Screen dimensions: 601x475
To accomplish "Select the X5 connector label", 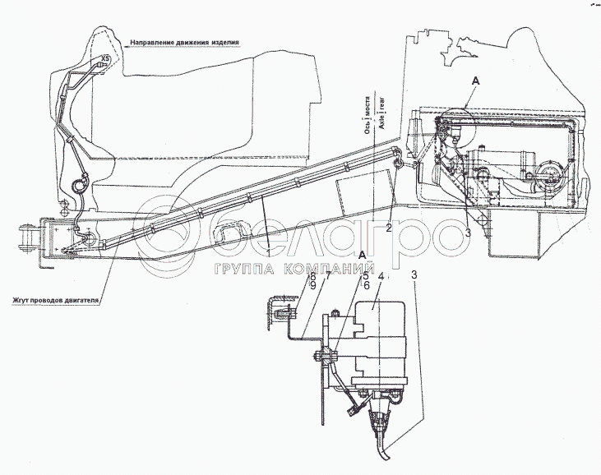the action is click(x=104, y=58).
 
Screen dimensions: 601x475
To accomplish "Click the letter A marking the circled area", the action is click(x=474, y=81).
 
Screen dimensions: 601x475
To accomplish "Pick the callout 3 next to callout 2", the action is click(x=467, y=233).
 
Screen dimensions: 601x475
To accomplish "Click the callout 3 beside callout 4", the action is click(x=414, y=278).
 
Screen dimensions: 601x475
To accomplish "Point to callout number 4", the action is click(x=381, y=278).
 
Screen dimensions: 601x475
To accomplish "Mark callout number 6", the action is click(x=367, y=287).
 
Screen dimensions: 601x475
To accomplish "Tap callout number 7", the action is click(x=326, y=279).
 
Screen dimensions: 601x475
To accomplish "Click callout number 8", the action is click(x=312, y=278).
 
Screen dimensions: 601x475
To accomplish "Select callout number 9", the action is click(x=312, y=288).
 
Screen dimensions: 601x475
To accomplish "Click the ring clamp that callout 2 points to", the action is click(x=398, y=160).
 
